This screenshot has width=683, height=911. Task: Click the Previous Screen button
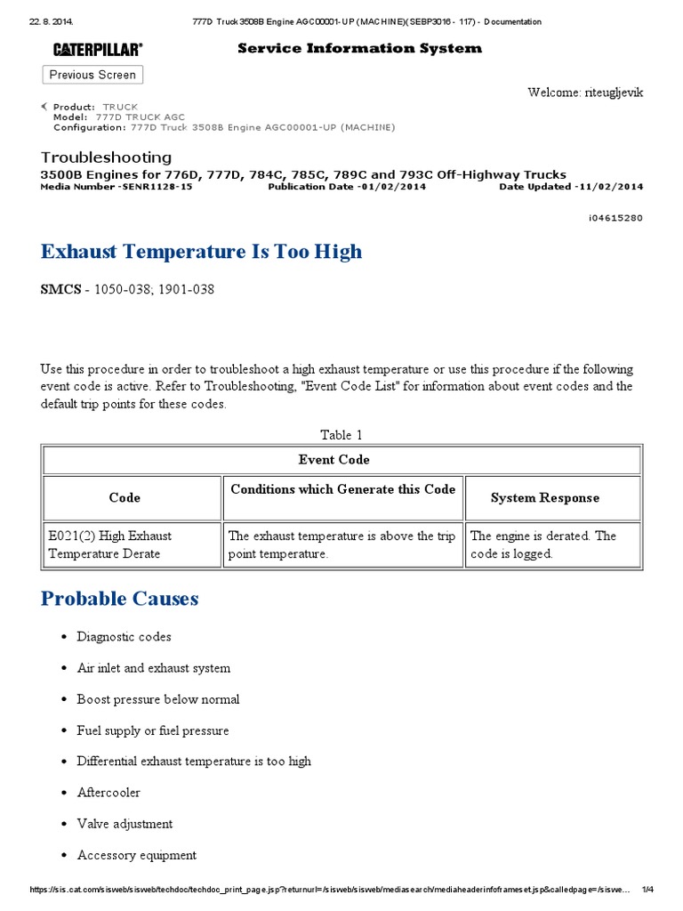(x=92, y=75)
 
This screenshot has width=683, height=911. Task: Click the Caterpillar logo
(x=97, y=50)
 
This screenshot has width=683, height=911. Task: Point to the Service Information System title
(x=359, y=48)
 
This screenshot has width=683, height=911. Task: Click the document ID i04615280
(x=614, y=218)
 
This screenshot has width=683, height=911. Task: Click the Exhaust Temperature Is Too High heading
(x=201, y=252)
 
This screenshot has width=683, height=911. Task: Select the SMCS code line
(x=127, y=290)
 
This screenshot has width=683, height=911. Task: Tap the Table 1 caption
(x=341, y=435)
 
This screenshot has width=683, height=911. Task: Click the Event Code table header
(x=334, y=460)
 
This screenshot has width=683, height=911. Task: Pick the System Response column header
(x=544, y=498)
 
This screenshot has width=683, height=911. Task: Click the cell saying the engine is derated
(x=551, y=544)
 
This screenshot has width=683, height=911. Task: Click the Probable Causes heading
(x=119, y=599)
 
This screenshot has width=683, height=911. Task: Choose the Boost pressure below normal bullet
(x=158, y=699)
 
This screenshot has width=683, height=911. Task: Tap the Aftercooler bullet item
(x=108, y=793)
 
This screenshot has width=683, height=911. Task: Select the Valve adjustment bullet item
(x=125, y=824)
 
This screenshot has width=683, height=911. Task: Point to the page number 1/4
(x=647, y=890)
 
